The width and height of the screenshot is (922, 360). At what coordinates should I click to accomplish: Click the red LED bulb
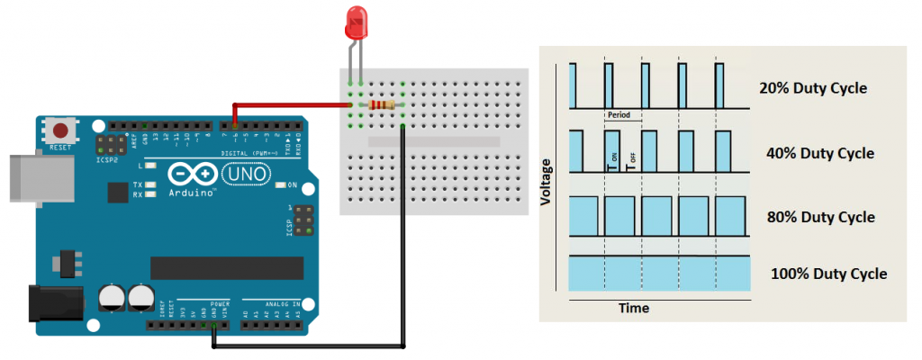point(355,22)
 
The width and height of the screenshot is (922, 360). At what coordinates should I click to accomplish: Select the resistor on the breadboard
point(381,105)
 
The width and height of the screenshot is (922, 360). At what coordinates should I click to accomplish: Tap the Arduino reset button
point(61,130)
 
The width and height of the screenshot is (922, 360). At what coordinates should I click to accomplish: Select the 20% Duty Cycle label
point(813,88)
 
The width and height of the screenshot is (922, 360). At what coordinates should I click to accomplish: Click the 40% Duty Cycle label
point(819,153)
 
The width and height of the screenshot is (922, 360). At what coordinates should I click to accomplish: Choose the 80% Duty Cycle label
point(819,217)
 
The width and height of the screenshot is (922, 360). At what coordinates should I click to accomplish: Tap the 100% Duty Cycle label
point(828,274)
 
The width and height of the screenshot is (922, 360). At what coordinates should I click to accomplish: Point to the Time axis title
point(634,308)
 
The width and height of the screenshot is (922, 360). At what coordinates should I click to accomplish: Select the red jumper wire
point(288,104)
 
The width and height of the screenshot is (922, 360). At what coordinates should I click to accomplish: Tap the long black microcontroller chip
point(227,268)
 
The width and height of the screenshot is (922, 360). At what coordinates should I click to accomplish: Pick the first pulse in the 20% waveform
point(573,86)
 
